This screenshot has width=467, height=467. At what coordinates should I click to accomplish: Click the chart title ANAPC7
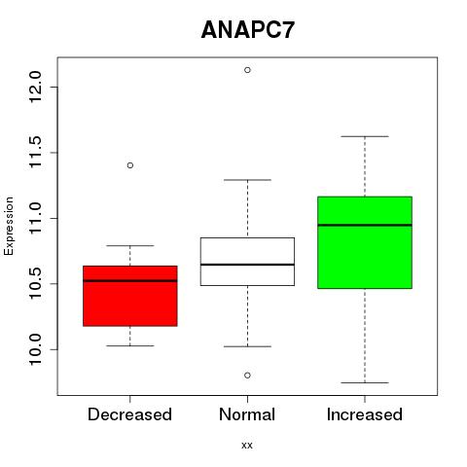(x=248, y=30)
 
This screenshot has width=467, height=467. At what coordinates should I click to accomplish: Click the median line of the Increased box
(x=365, y=225)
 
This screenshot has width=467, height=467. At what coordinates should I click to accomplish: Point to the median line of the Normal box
(x=247, y=265)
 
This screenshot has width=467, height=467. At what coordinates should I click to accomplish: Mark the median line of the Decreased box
(x=130, y=281)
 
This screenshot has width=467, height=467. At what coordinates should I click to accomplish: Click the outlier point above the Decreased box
(x=130, y=165)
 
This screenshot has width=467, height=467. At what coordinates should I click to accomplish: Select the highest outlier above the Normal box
(x=247, y=70)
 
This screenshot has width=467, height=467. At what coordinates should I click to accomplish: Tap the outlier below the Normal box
(x=247, y=376)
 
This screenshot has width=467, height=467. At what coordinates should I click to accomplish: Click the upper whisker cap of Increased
(x=365, y=136)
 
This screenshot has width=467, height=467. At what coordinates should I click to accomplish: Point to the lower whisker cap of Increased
(x=365, y=382)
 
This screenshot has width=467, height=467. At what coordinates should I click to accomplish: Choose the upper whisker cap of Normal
(x=247, y=180)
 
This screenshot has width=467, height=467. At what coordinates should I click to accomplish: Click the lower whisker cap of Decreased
(x=130, y=345)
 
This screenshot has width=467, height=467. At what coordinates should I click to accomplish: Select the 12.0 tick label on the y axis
(x=35, y=87)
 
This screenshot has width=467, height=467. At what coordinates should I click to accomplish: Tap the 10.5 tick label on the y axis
(x=35, y=283)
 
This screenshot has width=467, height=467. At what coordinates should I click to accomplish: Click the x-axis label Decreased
(x=129, y=414)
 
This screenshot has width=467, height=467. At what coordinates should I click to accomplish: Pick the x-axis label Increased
(x=365, y=414)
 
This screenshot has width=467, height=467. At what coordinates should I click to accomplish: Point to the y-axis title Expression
(x=9, y=226)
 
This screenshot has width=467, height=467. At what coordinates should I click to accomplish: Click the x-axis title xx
(x=247, y=446)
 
